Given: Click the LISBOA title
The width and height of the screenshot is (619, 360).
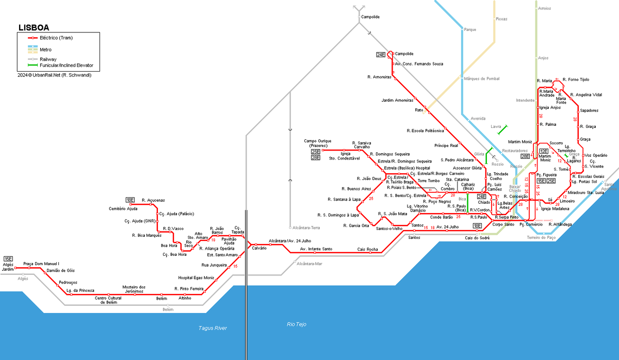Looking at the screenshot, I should click(x=34, y=27).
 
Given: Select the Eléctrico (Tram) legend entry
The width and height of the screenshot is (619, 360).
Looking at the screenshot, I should click(x=57, y=38).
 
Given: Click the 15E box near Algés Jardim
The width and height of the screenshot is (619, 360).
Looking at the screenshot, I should click(x=8, y=258).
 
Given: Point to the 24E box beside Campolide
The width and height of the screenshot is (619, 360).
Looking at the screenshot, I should click(x=381, y=54).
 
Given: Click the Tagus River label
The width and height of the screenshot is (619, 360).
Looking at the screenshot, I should click(x=213, y=328).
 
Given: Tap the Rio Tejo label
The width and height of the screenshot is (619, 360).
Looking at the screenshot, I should click(x=297, y=324).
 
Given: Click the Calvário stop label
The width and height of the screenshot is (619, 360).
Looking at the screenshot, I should click(x=259, y=249).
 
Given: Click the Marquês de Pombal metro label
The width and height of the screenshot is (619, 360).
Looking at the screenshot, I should click(x=482, y=78).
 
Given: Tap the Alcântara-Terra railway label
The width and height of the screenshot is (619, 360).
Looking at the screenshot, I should click(x=306, y=227).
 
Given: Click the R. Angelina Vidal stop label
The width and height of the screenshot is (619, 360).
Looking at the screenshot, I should click(x=586, y=95).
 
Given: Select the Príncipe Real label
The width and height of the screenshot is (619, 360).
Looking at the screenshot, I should click(x=446, y=145).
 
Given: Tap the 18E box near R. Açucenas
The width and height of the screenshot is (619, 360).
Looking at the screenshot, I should click(x=130, y=200).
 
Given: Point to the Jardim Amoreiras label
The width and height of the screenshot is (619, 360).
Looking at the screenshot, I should click(x=398, y=100).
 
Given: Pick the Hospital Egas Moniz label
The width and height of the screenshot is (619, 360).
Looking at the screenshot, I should click(x=196, y=277).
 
